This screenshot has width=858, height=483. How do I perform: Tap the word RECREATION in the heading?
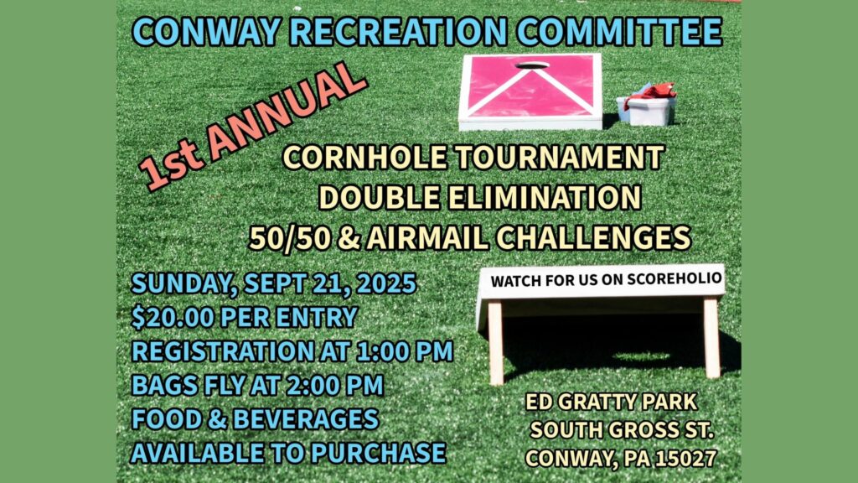[x=398, y=32]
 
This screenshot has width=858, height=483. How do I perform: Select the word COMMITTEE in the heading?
[x=619, y=32]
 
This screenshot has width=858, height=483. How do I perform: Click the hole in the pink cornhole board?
[x=532, y=65]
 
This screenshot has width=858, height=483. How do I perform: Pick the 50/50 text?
[x=289, y=237]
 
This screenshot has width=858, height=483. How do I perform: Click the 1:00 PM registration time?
[x=405, y=351]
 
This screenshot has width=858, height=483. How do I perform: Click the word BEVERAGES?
[x=306, y=419]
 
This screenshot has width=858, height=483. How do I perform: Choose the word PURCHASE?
[x=379, y=454]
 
